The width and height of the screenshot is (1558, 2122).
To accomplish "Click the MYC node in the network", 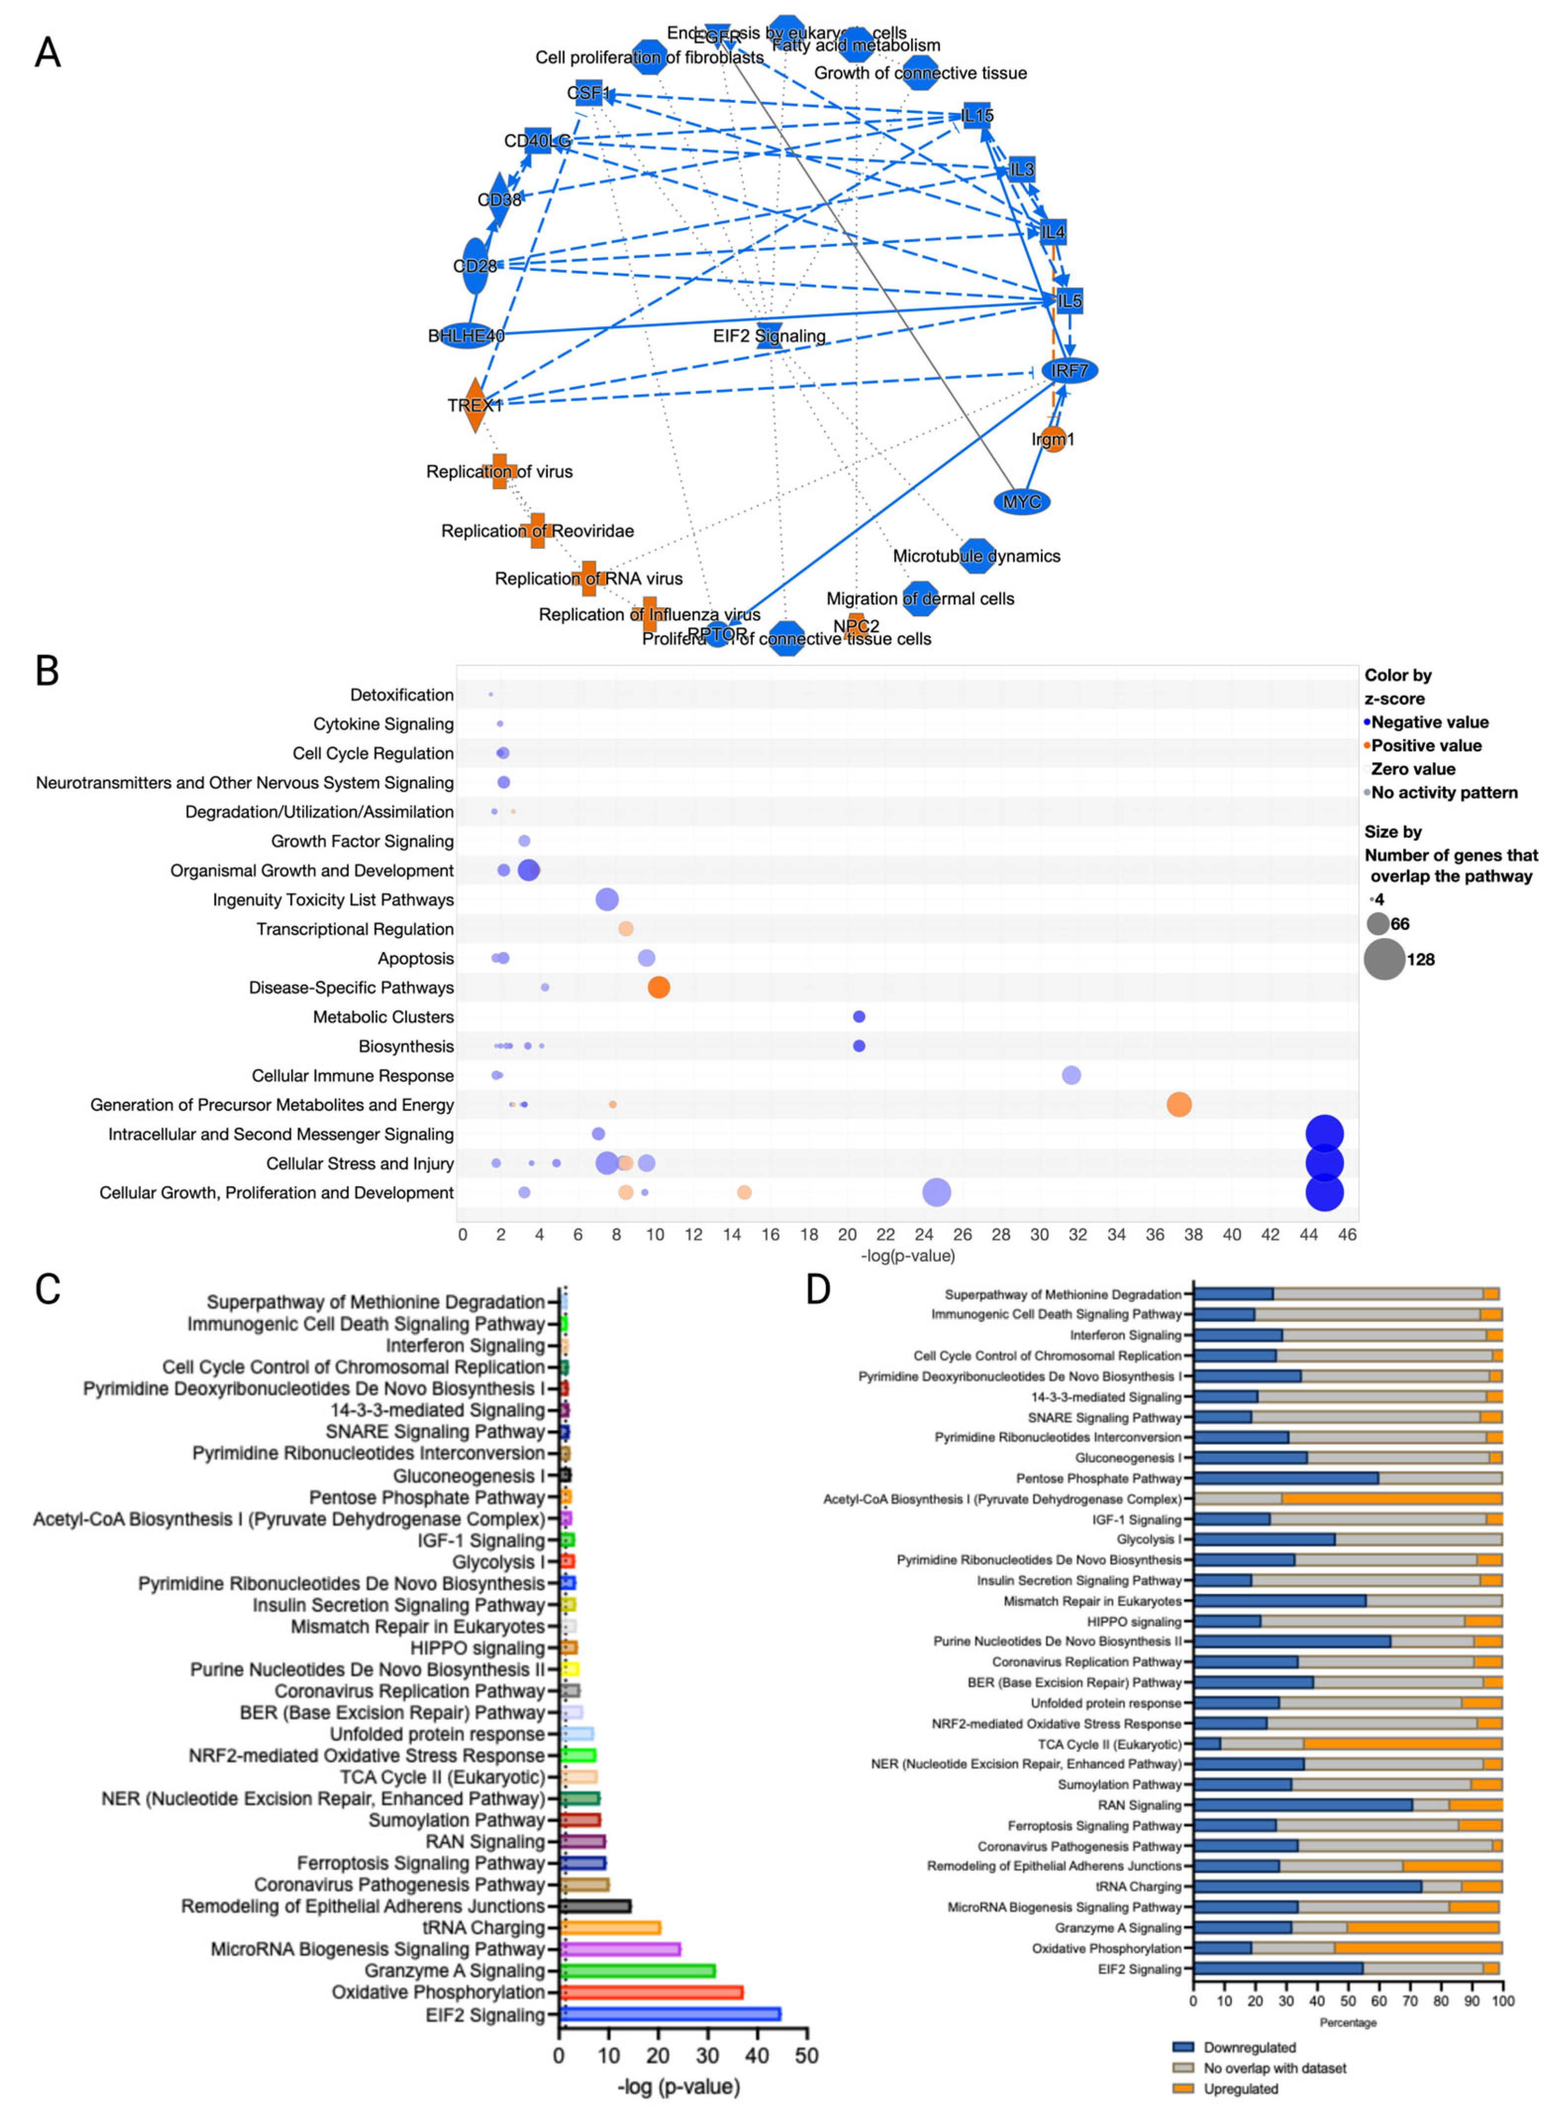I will tap(1022, 502).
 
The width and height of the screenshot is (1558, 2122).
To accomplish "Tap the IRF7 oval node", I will tap(1070, 371).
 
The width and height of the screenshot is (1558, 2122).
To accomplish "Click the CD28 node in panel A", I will tap(475, 266).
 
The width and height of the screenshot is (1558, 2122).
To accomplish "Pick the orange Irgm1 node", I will tap(1054, 440).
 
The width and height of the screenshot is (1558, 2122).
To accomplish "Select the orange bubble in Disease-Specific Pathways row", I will tap(658, 987).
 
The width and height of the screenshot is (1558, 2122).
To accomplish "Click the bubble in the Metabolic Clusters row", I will tap(858, 1017).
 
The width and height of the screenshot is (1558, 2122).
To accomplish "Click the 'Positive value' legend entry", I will tap(1425, 745).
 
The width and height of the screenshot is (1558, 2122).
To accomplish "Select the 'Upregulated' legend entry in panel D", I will tap(1240, 2089).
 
